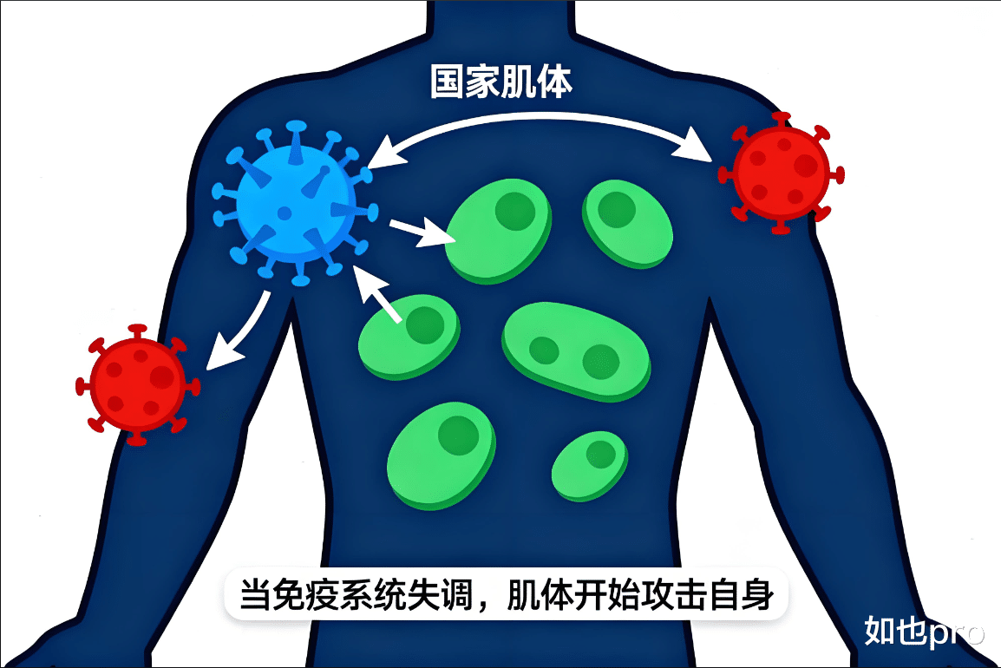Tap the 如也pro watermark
tap(923, 632)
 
